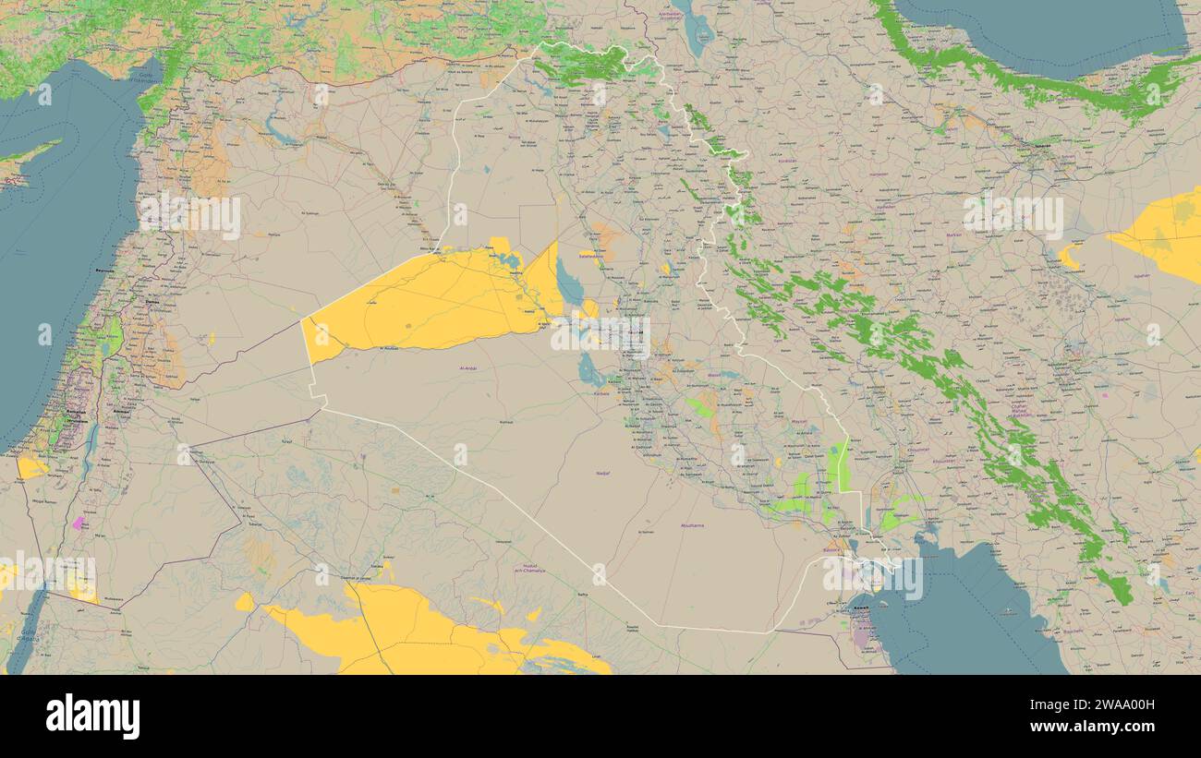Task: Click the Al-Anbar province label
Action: tap(468, 368)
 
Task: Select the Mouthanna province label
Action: tap(692, 525)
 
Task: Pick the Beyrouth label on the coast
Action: tap(103, 270)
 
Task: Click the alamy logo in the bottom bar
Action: tap(92, 716)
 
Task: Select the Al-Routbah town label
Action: tap(389, 348)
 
